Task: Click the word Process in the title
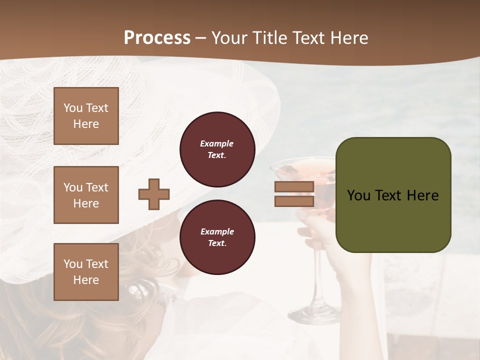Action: coord(157,38)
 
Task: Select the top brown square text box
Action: coord(86,116)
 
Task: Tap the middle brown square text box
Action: coord(86,195)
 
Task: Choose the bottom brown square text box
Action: coord(86,272)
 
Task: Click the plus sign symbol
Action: coord(154,194)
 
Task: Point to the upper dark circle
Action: coord(217,149)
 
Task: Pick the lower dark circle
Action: coord(217,237)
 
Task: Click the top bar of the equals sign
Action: coord(294,187)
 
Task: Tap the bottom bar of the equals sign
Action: coord(294,201)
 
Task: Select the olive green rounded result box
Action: coord(393,194)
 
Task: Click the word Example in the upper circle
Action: coord(217,143)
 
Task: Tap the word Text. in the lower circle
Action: coord(217,243)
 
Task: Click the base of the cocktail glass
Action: coord(315,315)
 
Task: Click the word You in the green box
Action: coord(358,195)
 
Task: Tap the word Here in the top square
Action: coord(86,124)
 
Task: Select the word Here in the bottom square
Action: coord(86,280)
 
